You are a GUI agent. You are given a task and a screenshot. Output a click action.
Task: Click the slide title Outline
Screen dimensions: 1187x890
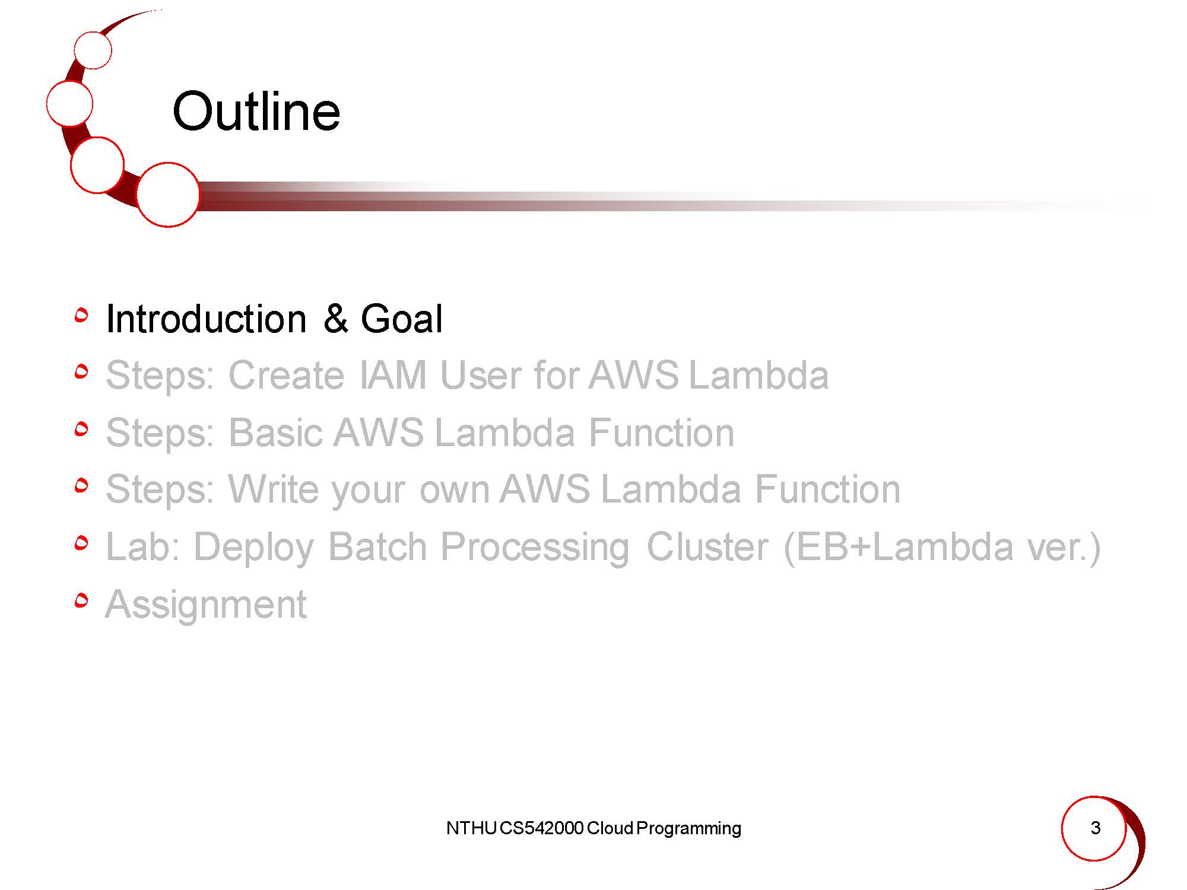(256, 111)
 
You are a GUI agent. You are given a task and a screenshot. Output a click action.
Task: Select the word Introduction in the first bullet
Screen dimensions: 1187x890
(206, 319)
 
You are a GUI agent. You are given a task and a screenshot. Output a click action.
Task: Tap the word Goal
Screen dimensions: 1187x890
(401, 319)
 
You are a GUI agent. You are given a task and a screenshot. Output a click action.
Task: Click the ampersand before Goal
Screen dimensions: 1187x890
(336, 319)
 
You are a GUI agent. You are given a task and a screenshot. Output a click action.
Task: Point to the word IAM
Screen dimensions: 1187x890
(393, 375)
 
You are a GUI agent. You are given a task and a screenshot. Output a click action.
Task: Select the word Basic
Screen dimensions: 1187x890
(275, 432)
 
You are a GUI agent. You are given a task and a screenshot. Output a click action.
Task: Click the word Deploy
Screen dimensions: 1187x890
(253, 547)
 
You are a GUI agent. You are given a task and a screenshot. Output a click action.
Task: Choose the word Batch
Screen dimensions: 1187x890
(377, 546)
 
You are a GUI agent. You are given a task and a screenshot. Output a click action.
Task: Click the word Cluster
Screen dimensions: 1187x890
(707, 546)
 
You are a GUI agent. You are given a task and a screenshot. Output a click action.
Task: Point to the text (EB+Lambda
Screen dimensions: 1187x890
(899, 546)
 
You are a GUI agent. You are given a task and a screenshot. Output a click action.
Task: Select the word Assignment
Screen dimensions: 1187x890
(206, 605)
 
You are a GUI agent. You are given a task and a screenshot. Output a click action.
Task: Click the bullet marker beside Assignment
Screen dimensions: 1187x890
(82, 600)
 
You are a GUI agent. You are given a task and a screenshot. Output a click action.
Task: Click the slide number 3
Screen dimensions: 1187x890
(1096, 828)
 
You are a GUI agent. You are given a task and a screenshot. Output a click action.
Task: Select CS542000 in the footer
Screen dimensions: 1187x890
(541, 828)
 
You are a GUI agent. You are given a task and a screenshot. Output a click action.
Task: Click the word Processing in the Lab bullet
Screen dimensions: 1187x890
(535, 547)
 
